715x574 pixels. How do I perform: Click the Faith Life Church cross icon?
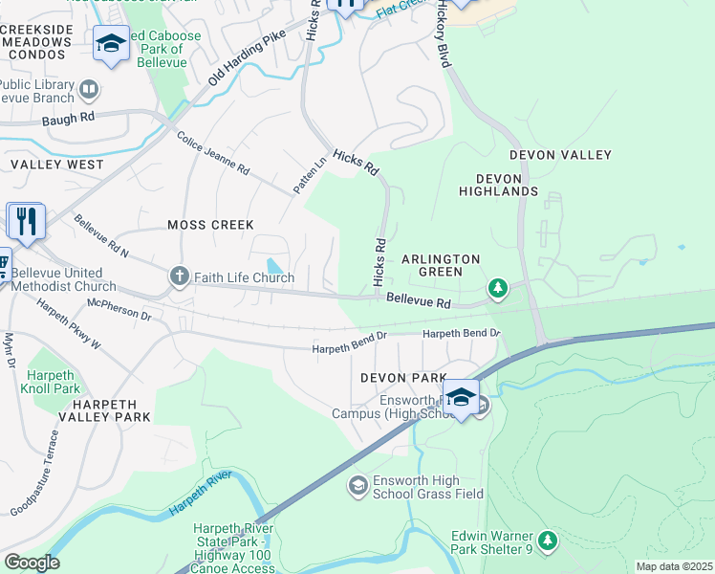pos(179,277)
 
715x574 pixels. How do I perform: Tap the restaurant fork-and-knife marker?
pos(26,221)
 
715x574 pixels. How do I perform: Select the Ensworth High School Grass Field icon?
pos(358,487)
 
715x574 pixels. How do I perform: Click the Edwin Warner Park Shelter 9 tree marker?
pos(547,541)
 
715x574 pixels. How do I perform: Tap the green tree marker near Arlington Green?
pos(496,287)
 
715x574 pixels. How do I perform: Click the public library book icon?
pos(89,91)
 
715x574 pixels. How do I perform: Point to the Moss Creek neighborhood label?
pos(210,225)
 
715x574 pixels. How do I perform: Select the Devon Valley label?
pos(560,155)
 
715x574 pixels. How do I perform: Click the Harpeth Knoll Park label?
pos(54,382)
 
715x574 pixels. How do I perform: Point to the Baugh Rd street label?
pos(69,120)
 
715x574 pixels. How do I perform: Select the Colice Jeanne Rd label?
pos(212,153)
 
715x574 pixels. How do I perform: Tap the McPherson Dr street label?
pos(119,313)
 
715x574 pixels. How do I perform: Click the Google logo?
pos(32,563)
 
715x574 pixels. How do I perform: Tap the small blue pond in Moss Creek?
pos(275,266)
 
